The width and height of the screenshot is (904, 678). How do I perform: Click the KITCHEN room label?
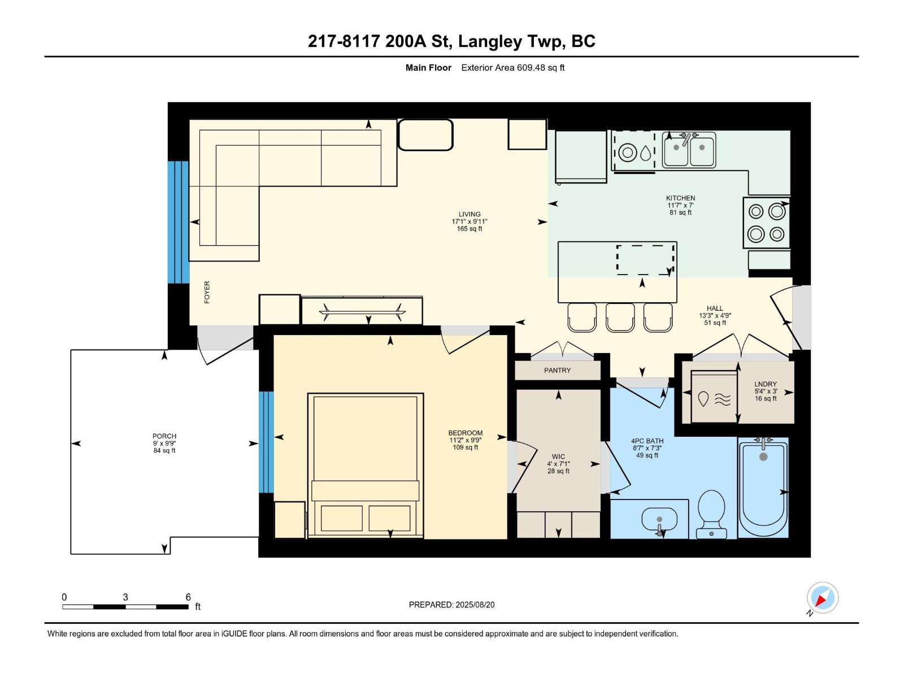tap(680, 199)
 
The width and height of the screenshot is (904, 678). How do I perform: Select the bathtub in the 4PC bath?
tap(763, 489)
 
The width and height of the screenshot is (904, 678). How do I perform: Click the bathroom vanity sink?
tap(659, 519)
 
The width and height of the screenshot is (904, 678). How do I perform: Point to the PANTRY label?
tap(557, 371)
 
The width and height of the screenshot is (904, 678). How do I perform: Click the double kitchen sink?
tap(689, 150)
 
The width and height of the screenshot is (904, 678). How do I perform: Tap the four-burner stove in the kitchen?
tap(766, 223)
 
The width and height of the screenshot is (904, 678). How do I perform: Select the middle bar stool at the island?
tap(620, 318)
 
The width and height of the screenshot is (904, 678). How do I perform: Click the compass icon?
tap(822, 598)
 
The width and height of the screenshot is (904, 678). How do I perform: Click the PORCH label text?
tap(164, 436)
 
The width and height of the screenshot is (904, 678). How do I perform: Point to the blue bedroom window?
tap(266, 442)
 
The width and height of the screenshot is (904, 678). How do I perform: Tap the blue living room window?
tap(178, 222)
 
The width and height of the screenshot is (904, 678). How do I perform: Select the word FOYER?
tap(207, 292)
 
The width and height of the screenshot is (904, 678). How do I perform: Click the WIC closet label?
tap(558, 457)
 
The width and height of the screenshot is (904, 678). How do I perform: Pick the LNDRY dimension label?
tap(766, 391)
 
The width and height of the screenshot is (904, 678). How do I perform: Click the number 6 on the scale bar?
tap(188, 597)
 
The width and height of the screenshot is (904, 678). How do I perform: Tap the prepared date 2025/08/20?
tap(474, 605)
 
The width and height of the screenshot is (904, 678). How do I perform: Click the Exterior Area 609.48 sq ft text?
tap(512, 68)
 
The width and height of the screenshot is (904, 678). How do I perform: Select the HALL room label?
tap(715, 308)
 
